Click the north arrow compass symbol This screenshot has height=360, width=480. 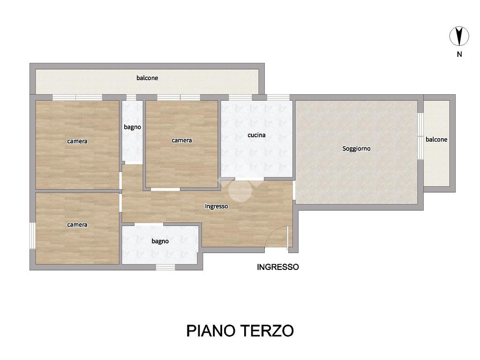459,36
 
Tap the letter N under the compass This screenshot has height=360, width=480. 459,54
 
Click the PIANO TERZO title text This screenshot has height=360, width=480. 240,330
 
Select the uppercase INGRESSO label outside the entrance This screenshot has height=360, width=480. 277,267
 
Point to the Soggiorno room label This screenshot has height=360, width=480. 356,149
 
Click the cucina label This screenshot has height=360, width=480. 256,135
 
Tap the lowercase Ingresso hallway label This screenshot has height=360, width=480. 217,206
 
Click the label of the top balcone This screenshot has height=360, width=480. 147,78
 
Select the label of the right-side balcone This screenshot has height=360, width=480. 436,140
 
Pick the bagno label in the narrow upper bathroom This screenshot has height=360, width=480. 132,127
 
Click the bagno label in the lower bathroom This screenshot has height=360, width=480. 160,241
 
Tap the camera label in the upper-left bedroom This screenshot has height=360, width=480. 77,141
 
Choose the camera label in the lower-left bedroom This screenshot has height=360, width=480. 77,225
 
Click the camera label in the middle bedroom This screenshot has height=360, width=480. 181,140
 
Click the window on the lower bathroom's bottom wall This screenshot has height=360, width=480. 165,267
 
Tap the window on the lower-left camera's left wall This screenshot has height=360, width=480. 32,236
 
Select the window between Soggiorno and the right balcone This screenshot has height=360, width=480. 420,136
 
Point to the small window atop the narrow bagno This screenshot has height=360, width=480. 131,97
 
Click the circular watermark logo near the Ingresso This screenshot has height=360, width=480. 240,190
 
